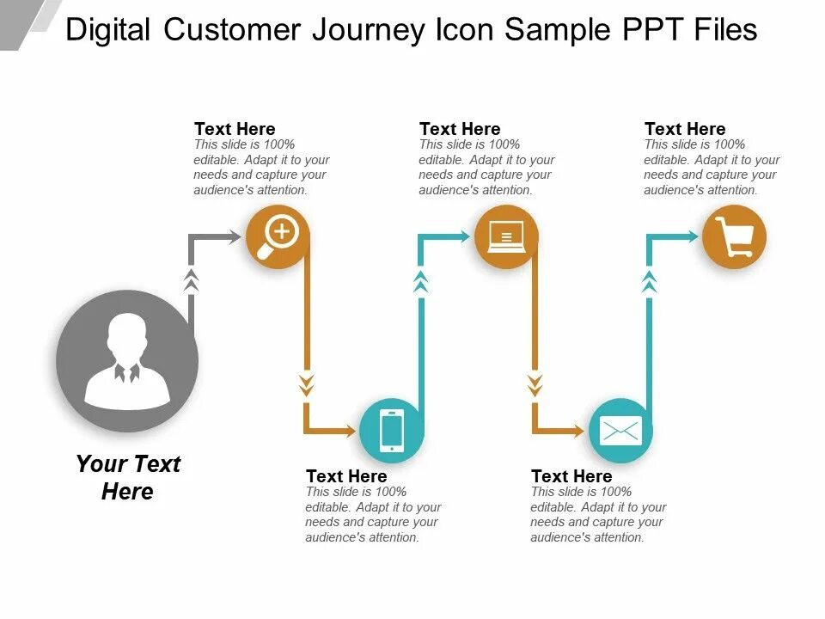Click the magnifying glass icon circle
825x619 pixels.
pyautogui.click(x=278, y=236)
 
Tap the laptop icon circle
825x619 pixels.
pyautogui.click(x=506, y=236)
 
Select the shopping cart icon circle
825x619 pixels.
pyautogui.click(x=734, y=236)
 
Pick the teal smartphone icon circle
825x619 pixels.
pyautogui.click(x=391, y=430)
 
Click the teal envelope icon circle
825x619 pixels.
pyautogui.click(x=620, y=430)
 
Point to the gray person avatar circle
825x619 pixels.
pyautogui.click(x=127, y=361)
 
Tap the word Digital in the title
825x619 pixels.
pyautogui.click(x=109, y=30)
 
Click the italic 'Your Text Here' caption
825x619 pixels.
pyautogui.click(x=127, y=477)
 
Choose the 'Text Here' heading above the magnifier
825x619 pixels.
pyautogui.click(x=235, y=129)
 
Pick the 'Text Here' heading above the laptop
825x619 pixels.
pyautogui.click(x=460, y=129)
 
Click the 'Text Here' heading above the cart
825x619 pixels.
pyautogui.click(x=685, y=129)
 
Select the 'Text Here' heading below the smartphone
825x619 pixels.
pyautogui.click(x=346, y=476)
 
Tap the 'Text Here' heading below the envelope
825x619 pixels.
pyautogui.click(x=571, y=476)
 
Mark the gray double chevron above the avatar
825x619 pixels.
pyautogui.click(x=192, y=279)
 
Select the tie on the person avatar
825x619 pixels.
pyautogui.click(x=126, y=373)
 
